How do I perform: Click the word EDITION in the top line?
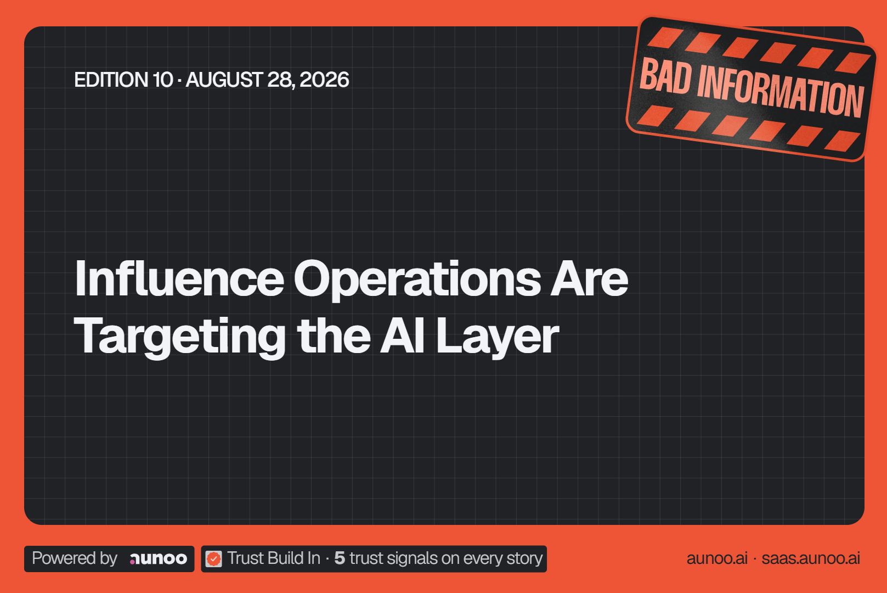click(111, 80)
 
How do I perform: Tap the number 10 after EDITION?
click(163, 80)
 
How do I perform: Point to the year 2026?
click(324, 80)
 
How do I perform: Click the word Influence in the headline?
click(179, 278)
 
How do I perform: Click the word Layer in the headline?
click(498, 337)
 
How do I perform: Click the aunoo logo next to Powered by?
click(159, 558)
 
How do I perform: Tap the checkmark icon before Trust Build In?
click(214, 559)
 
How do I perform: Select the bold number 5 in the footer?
click(340, 558)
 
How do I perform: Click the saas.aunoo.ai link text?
click(811, 558)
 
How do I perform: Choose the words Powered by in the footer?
click(75, 558)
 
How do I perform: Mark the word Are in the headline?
click(589, 278)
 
